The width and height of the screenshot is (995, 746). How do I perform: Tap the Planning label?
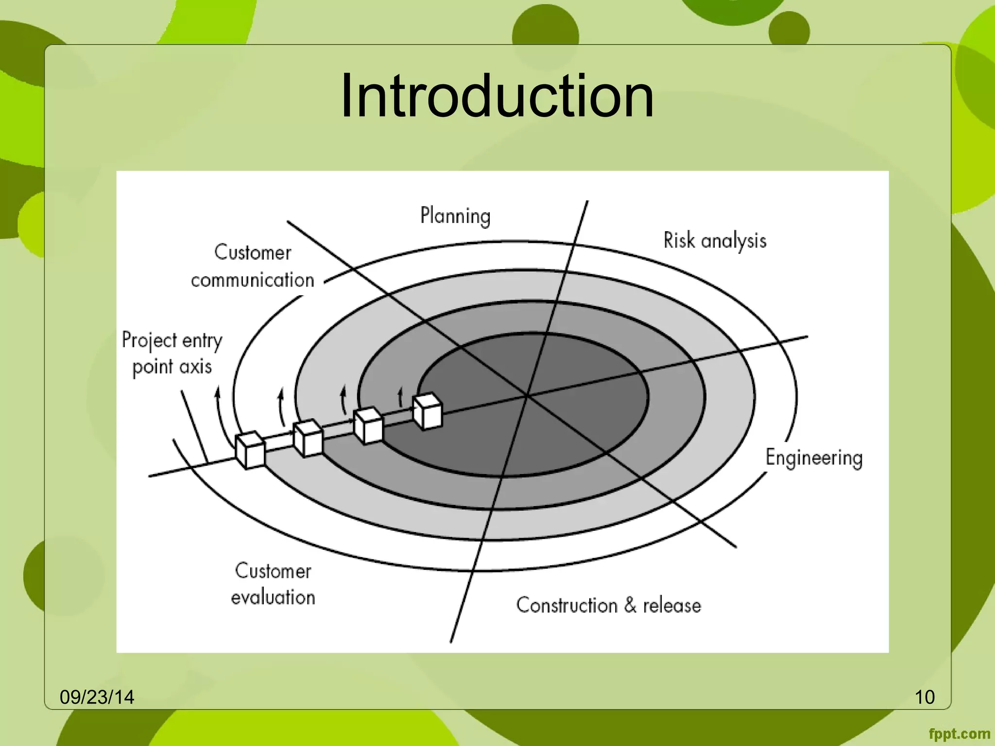click(x=455, y=216)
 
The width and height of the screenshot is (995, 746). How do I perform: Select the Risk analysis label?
click(x=715, y=241)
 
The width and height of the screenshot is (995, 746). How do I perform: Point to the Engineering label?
click(x=814, y=458)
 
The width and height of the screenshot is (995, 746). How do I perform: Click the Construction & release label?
click(x=608, y=606)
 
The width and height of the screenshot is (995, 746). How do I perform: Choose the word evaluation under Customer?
click(x=273, y=597)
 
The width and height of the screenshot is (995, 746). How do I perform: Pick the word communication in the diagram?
click(x=253, y=280)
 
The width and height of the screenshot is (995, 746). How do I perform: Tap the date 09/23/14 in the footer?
click(x=97, y=697)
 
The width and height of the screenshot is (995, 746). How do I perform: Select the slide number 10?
click(x=925, y=697)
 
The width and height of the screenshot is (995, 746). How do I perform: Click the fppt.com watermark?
click(x=959, y=734)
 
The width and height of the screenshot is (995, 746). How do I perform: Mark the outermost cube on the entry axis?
click(x=250, y=450)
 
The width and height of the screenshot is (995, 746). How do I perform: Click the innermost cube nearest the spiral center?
click(x=428, y=411)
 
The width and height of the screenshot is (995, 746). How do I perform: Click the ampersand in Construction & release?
click(x=630, y=605)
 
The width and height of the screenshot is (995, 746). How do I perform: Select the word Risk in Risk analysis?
click(x=679, y=240)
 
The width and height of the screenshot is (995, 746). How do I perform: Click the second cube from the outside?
click(x=308, y=438)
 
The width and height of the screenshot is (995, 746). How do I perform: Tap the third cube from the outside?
click(x=368, y=425)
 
